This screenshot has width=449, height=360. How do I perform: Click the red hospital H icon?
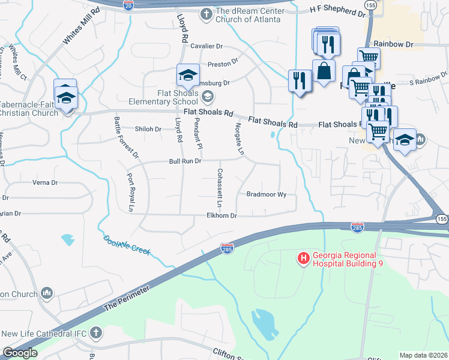tap(304, 259)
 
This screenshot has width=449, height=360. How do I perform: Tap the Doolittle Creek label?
tap(126, 244)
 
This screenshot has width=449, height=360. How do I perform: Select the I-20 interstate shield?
tap(128, 5)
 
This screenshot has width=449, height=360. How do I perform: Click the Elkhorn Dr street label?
tap(222, 215)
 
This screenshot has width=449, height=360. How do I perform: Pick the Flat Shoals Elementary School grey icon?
tap(207, 96)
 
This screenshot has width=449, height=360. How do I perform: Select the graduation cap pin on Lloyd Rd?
tap(187, 76)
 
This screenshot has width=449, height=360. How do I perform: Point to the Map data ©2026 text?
tap(423, 355)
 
